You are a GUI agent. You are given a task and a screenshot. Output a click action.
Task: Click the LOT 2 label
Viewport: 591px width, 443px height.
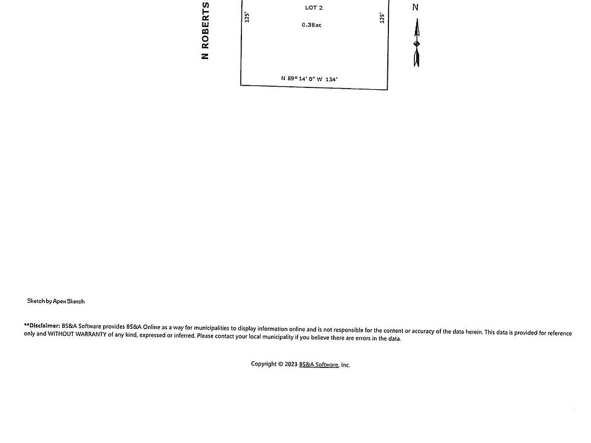coord(314,8)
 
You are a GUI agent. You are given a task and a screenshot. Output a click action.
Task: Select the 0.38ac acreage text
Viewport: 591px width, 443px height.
coord(312,25)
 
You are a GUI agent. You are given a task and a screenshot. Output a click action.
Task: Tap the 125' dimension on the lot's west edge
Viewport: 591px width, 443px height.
coord(247,17)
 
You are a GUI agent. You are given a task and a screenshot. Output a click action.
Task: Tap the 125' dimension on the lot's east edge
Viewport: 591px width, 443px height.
coord(382,18)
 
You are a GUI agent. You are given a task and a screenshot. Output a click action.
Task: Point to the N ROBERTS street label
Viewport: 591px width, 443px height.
coord(206,31)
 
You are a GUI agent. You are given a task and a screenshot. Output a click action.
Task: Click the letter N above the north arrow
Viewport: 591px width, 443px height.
coord(416,7)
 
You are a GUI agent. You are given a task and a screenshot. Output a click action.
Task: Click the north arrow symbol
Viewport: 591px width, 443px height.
coord(417,43)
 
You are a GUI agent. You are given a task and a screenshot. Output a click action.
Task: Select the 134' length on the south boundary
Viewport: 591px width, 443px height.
coord(332,79)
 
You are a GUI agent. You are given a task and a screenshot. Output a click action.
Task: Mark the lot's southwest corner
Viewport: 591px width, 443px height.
coord(241,85)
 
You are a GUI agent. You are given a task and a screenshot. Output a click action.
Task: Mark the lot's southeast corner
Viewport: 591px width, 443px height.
coord(387,89)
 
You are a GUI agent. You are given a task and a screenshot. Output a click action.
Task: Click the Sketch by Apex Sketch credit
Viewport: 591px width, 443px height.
coord(56,301)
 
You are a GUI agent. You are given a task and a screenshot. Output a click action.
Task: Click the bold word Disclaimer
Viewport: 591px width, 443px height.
coord(43,325)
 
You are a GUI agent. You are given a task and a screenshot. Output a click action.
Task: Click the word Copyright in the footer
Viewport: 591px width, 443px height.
coord(263,364)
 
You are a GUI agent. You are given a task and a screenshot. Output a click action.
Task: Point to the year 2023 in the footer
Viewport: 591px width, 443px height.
coord(291,364)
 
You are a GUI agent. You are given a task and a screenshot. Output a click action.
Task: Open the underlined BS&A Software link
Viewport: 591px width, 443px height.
coord(318,365)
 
